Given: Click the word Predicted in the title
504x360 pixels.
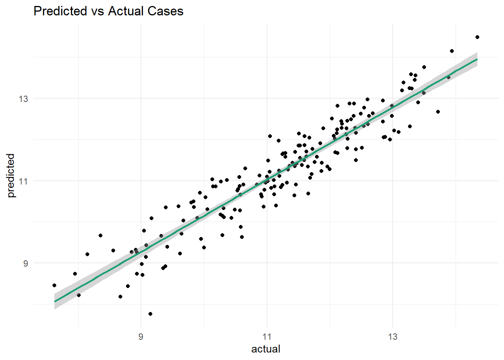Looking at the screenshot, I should coord(60,11).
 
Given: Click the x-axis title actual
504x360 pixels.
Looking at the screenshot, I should coord(265,349).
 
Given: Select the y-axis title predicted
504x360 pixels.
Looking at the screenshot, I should coord(11,175).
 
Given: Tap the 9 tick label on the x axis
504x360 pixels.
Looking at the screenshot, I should coord(141,337).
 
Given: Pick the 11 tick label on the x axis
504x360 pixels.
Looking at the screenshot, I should coord(267,337).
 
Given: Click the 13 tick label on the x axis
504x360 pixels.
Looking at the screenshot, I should coord(393,337).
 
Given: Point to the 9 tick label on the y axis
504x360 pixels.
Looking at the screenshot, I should coord(25,264).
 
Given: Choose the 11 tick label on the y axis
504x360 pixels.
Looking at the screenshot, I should coord(23,181).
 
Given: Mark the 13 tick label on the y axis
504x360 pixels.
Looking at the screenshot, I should coord(23,99).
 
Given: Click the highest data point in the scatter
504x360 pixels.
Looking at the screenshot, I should coord(477,37).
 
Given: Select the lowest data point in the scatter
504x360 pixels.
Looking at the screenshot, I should coord(150,314).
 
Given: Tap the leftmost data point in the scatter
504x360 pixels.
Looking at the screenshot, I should coord(54,285).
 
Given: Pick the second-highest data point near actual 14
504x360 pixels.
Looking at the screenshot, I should coord(452,51).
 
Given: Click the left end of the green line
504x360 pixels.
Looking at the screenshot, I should coord(55,301).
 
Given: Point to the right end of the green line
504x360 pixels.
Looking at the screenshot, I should coord(477,59).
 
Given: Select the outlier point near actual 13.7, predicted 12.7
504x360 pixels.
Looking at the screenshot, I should coord(438,112).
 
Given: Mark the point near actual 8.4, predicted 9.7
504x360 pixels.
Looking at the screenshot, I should coord(100,235).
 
